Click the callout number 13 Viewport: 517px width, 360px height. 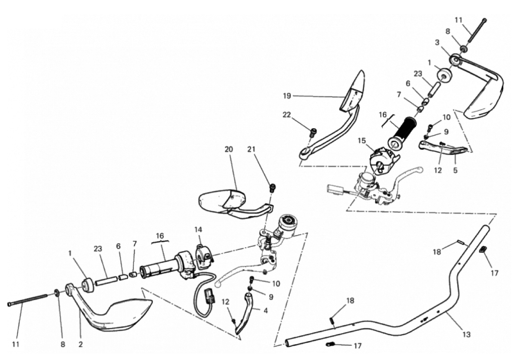[x=466, y=334]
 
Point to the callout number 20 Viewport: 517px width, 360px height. [x=229, y=149]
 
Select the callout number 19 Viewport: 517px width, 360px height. [x=286, y=96]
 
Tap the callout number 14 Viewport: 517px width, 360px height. [x=198, y=229]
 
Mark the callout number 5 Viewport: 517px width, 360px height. [x=455, y=170]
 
